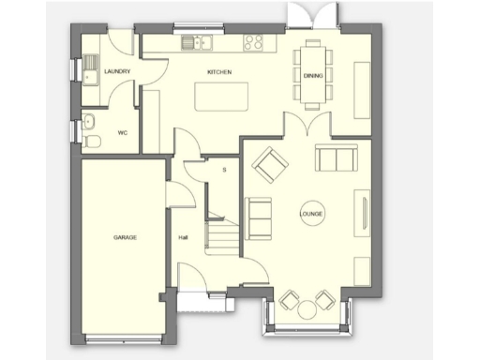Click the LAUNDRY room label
tap(117, 71)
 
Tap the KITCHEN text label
tap(219, 72)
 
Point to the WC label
tap(122, 133)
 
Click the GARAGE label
tap(126, 237)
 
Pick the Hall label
tap(184, 237)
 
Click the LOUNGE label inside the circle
tap(311, 214)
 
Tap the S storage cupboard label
tap(224, 170)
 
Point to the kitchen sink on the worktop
tap(199, 41)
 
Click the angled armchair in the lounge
tap(270, 166)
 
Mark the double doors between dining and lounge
tap(309, 124)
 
